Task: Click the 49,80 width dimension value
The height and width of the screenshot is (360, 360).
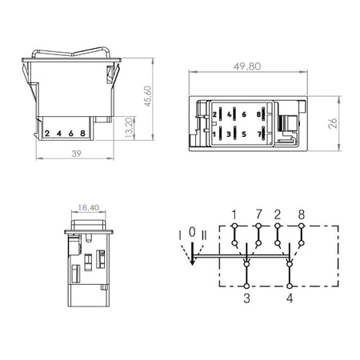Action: tap(247, 66)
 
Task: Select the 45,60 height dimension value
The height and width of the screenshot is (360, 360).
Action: tap(147, 96)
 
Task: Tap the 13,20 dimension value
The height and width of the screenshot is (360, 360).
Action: tap(129, 127)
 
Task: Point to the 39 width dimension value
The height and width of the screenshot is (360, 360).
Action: tap(76, 154)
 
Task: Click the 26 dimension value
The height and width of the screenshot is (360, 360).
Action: tap(333, 123)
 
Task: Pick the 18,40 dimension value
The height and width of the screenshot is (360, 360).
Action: tap(89, 207)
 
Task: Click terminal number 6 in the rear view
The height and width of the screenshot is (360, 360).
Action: tap(244, 114)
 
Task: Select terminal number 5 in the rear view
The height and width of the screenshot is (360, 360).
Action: tap(244, 134)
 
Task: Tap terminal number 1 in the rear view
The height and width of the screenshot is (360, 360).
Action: tap(214, 134)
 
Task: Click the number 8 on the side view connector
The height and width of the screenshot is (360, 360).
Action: tap(82, 133)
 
